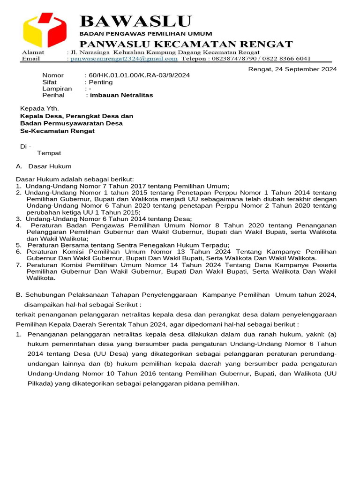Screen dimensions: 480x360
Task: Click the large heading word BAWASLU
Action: [136, 21]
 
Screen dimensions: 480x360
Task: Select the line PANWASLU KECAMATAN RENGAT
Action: [186, 45]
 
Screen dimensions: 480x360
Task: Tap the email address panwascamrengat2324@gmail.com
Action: [124, 59]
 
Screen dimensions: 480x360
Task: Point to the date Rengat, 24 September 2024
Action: [292, 69]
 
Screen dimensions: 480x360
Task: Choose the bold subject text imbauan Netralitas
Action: [121, 95]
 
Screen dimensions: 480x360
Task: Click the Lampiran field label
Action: [57, 89]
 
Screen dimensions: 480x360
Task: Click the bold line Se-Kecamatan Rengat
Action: [57, 131]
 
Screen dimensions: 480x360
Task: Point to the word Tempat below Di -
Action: [49, 153]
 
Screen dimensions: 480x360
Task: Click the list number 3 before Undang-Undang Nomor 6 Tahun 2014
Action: [18, 219]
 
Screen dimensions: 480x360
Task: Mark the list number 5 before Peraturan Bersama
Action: [18, 245]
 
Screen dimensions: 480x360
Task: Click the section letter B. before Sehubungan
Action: [19, 294]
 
